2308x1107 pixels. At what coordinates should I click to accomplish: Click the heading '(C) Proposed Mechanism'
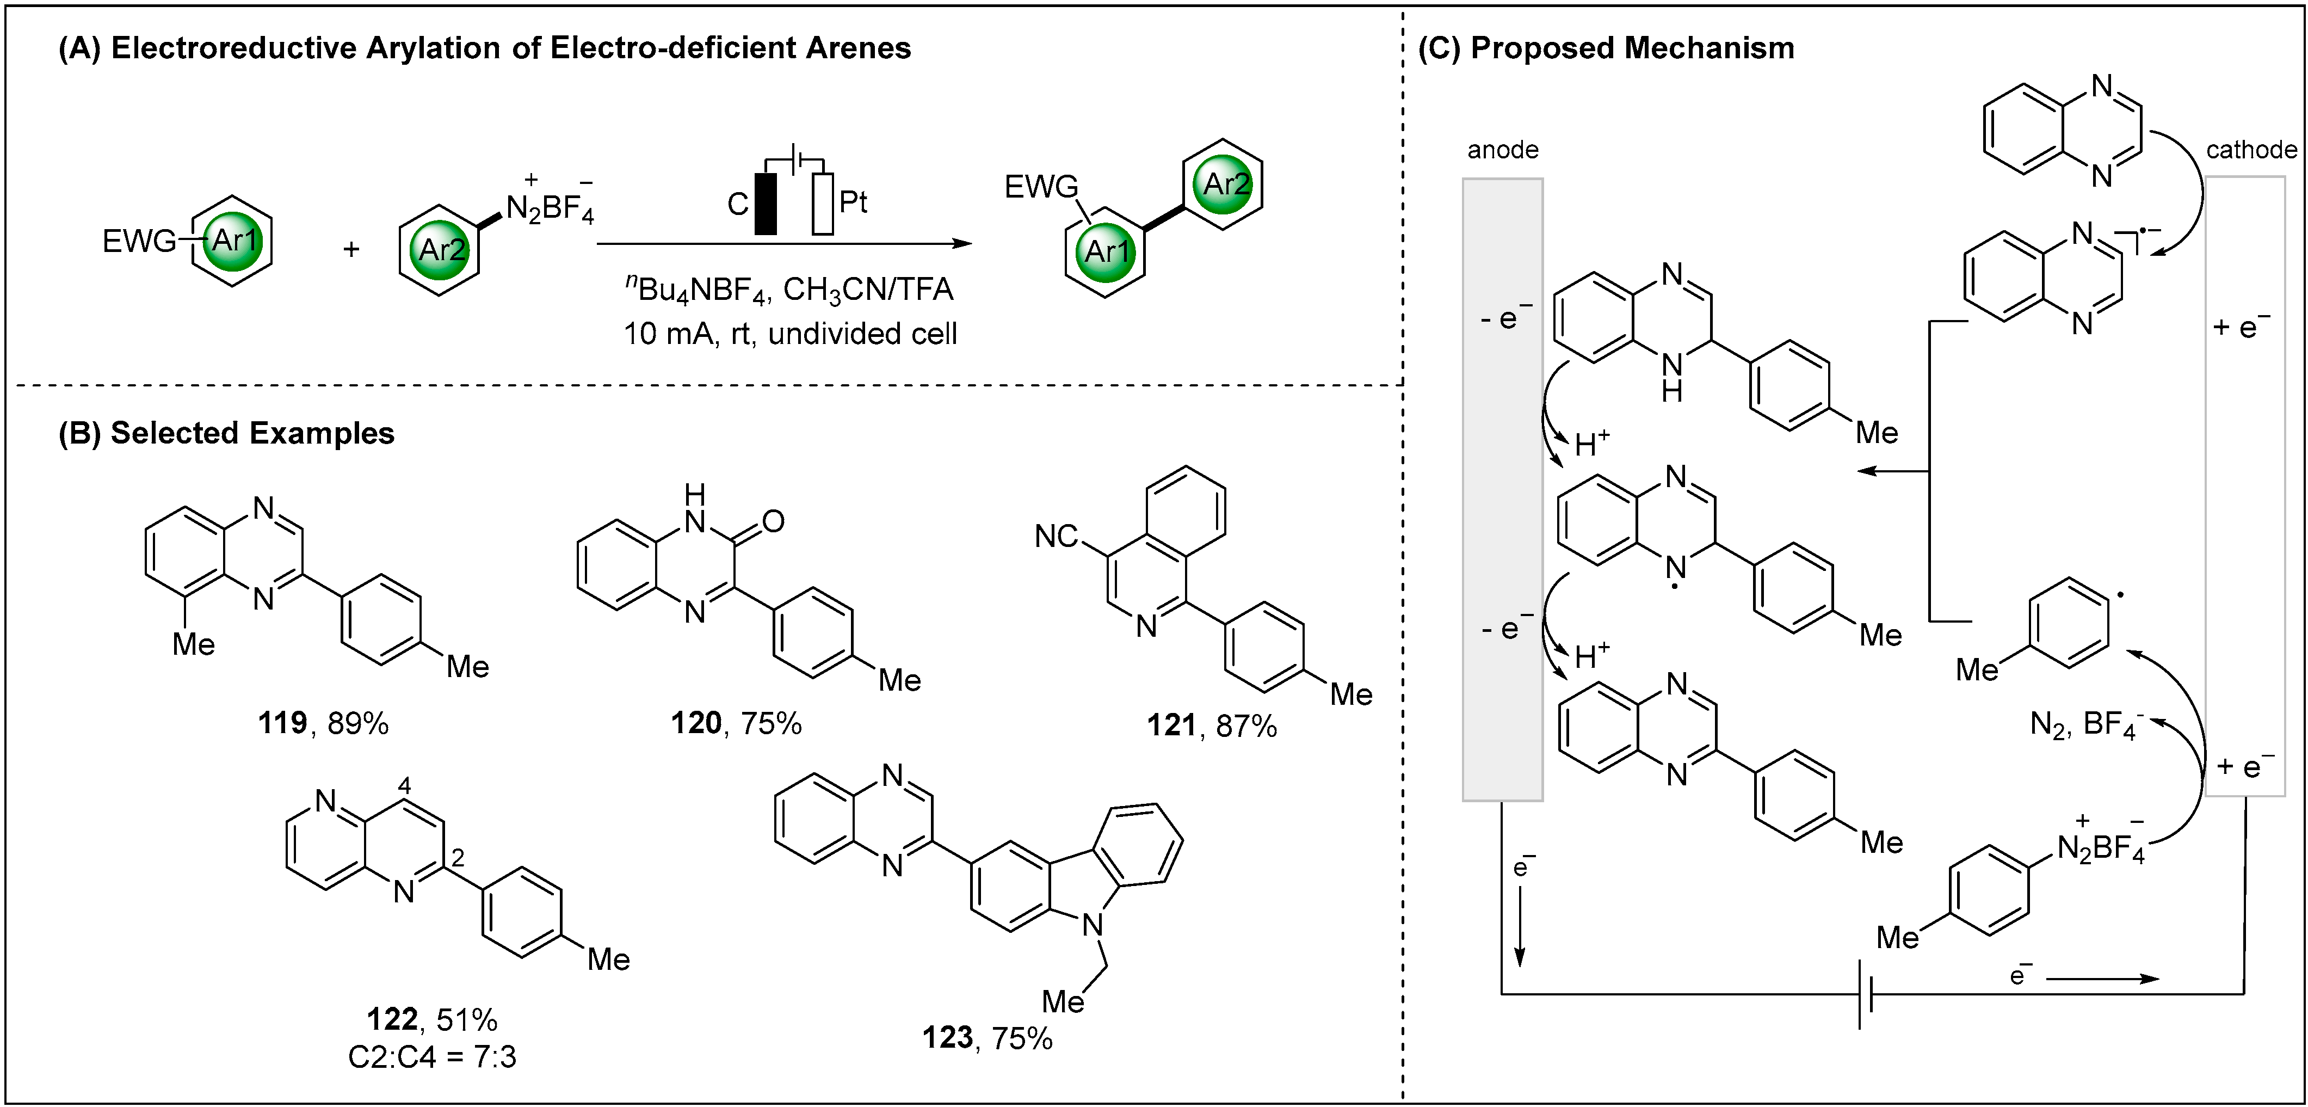tap(1606, 48)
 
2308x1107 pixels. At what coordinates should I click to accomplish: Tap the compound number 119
tap(282, 722)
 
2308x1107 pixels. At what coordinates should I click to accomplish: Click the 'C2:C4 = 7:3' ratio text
tap(432, 1057)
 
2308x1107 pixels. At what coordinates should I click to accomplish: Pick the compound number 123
tap(947, 1038)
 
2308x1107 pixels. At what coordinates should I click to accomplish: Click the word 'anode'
tap(1503, 150)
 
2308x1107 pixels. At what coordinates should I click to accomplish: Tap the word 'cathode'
tap(2251, 150)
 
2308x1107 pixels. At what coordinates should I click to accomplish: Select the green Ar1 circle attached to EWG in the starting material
tap(234, 240)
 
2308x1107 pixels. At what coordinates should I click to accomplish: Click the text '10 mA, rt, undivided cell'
tap(790, 334)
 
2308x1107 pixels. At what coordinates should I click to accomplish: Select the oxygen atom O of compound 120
tap(773, 521)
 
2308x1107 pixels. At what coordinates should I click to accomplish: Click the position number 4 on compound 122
tap(404, 786)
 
